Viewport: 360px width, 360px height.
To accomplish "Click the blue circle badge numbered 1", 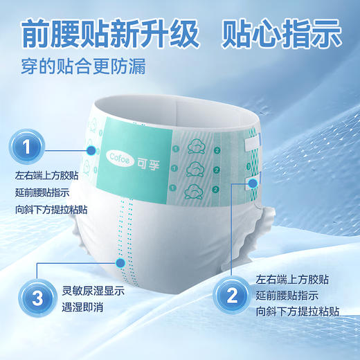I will pos(27,147).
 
